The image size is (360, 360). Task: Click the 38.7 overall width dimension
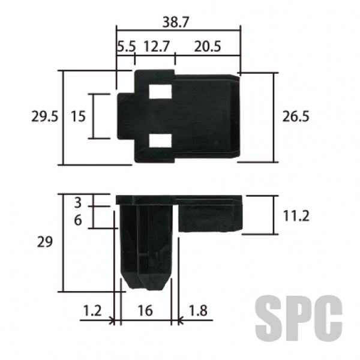click(x=175, y=23)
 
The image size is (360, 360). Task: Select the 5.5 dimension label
click(x=127, y=46)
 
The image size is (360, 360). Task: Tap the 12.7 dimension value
click(x=157, y=46)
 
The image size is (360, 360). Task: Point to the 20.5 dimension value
click(x=208, y=46)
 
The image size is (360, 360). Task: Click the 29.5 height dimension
click(x=45, y=116)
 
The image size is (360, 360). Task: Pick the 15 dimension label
click(x=78, y=116)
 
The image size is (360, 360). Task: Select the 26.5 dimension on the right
click(x=296, y=116)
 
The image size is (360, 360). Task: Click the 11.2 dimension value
click(x=296, y=216)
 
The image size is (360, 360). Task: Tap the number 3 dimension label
click(x=78, y=203)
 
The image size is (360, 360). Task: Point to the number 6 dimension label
click(x=78, y=220)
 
